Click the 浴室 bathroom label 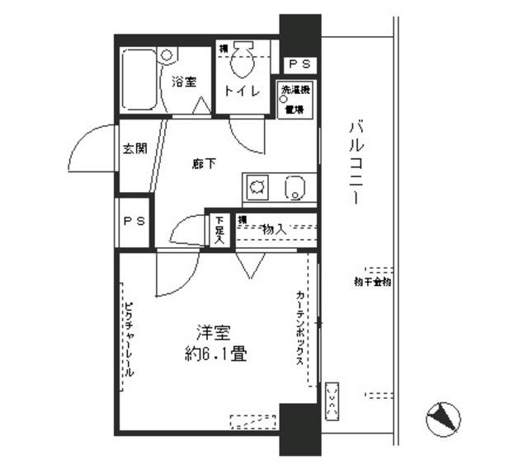click(x=184, y=82)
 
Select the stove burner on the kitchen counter click(x=257, y=189)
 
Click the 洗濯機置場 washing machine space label click(x=295, y=99)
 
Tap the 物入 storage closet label click(x=274, y=229)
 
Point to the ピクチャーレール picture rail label click(x=130, y=339)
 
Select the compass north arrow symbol click(x=442, y=420)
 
